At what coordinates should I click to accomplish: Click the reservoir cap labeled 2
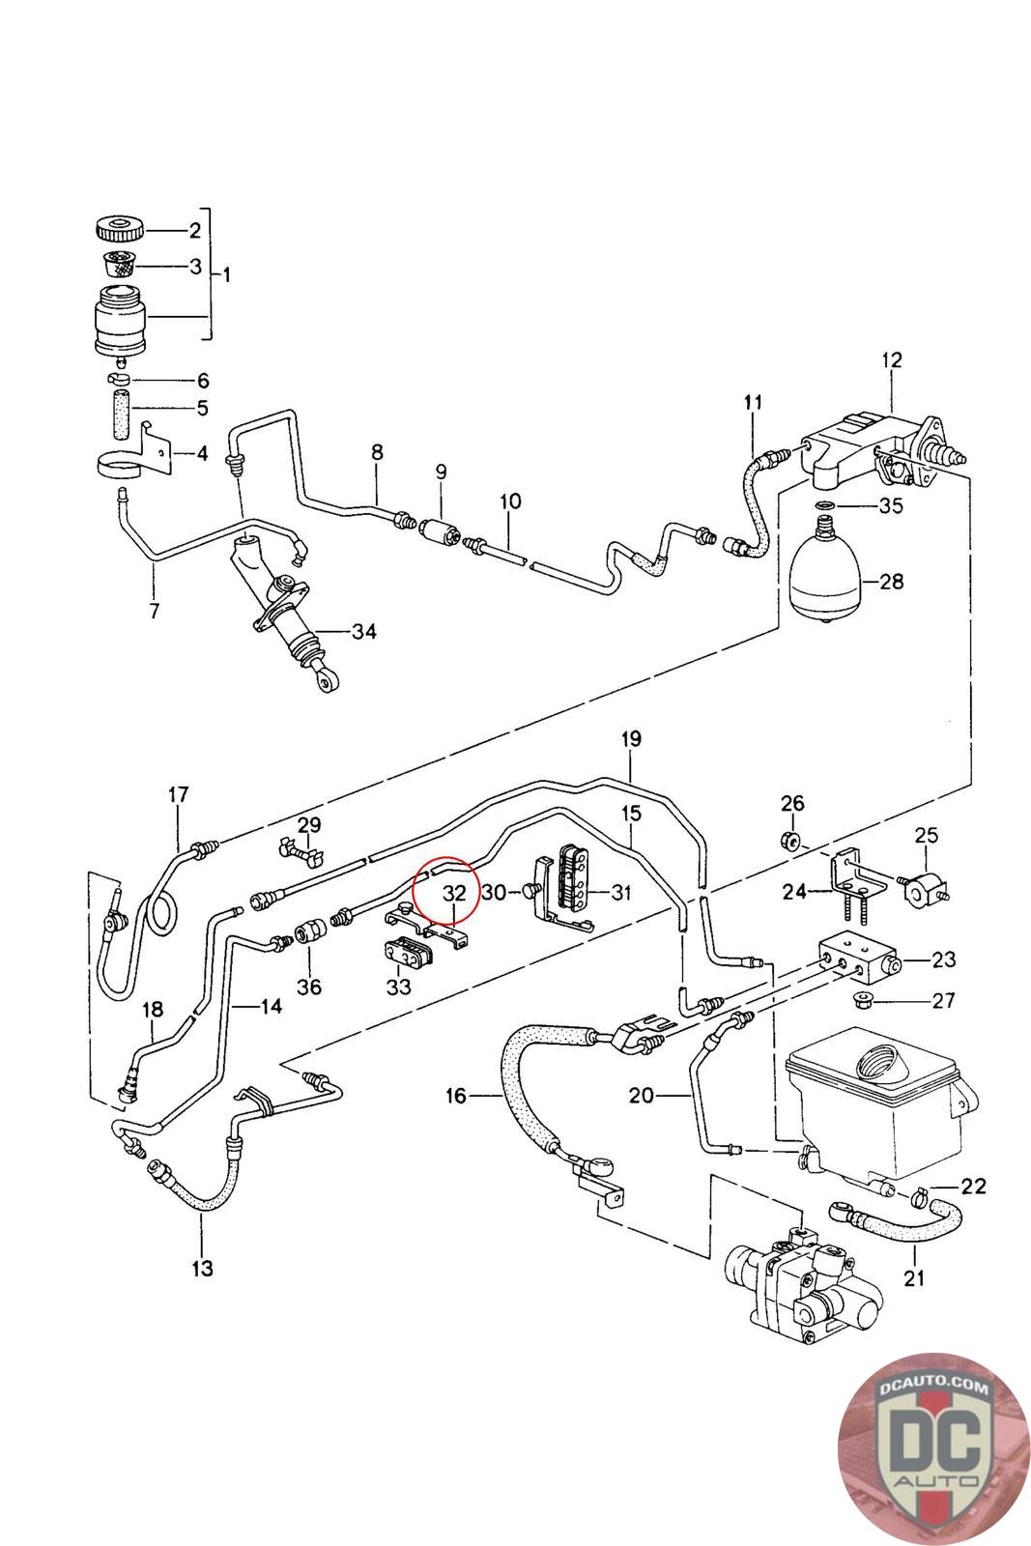click(x=121, y=231)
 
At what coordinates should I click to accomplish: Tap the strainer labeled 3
click(x=120, y=264)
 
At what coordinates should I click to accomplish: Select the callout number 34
click(x=363, y=632)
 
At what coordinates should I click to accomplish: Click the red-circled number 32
click(x=454, y=893)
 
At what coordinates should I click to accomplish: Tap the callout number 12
click(x=891, y=359)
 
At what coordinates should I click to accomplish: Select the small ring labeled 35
click(x=824, y=505)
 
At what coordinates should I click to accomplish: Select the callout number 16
click(x=456, y=1095)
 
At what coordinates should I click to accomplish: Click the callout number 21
click(x=914, y=1277)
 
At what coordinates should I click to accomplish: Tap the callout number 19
click(x=630, y=739)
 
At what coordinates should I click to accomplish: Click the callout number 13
click(x=202, y=1268)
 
